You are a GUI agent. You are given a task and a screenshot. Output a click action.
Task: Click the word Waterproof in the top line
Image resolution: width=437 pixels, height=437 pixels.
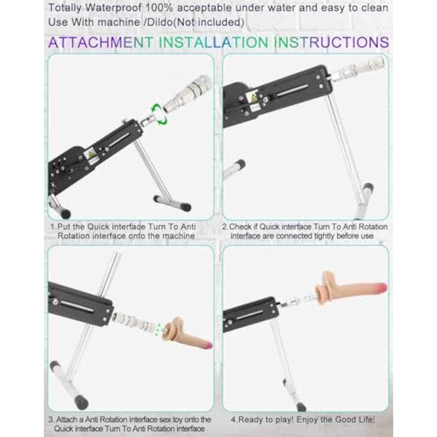pyautogui.click(x=108, y=8)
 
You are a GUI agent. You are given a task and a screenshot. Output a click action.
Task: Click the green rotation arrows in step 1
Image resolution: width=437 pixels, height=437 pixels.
pyautogui.click(x=158, y=115)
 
